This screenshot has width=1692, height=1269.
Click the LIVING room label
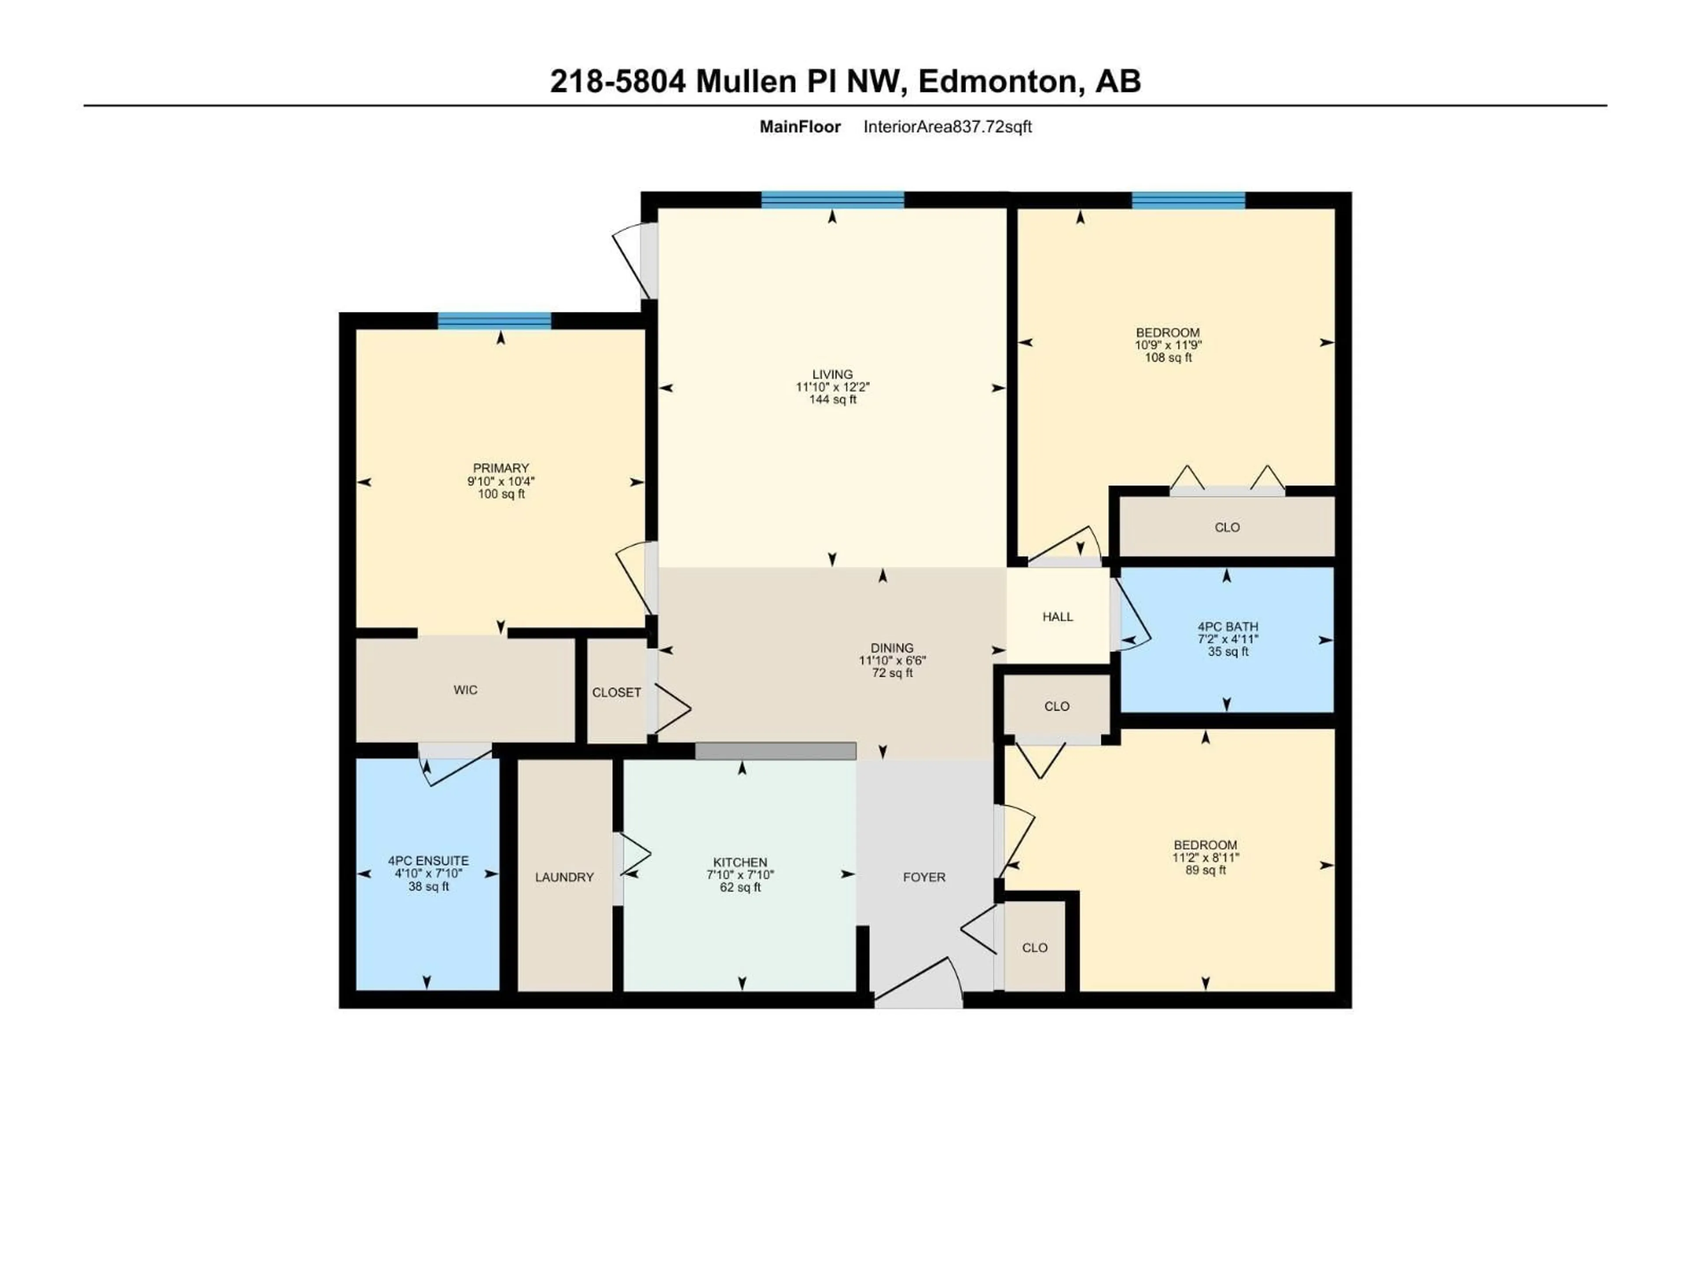832,374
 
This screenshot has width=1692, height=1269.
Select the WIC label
465,690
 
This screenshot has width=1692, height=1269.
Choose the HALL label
1057,616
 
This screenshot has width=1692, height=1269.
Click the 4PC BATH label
1228,627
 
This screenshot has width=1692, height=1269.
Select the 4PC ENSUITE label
428,861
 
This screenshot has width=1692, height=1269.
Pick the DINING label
892,648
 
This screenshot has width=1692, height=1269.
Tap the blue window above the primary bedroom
494,320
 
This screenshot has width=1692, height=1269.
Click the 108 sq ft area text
1168,357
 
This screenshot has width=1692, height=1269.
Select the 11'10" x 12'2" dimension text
832,387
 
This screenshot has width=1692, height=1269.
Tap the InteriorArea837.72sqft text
947,127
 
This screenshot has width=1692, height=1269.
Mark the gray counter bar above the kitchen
775,751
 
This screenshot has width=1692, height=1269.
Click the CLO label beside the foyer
1034,948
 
